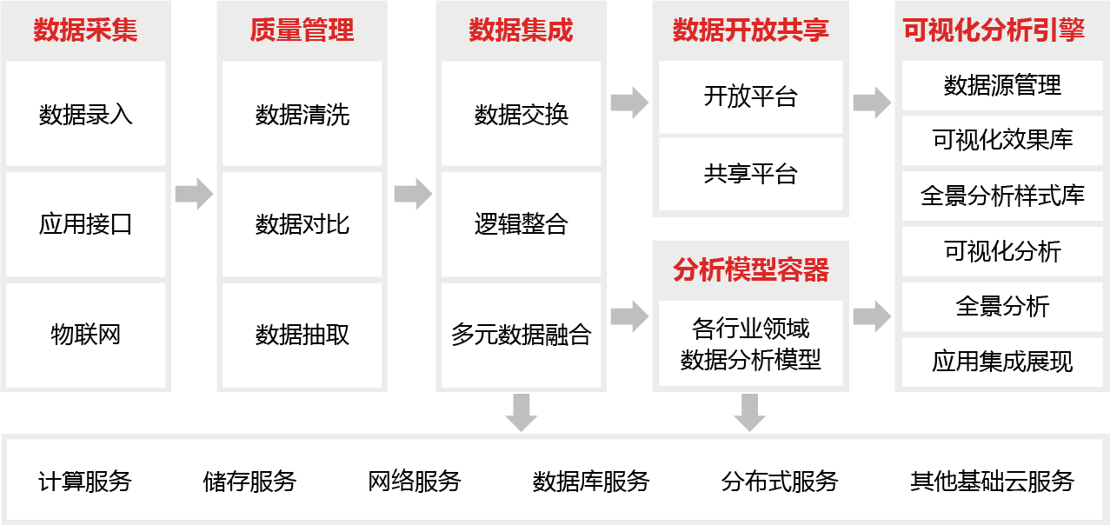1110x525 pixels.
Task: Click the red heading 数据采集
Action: pos(85,30)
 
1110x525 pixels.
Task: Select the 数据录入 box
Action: pos(85,114)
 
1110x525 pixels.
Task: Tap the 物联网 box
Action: pos(85,335)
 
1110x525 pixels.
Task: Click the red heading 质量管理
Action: pos(302,30)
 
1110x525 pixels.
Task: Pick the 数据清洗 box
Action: pos(302,114)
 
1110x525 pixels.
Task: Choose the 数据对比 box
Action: pos(302,224)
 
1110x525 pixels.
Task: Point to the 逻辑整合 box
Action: pos(521,224)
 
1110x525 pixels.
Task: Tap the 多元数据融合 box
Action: pos(521,335)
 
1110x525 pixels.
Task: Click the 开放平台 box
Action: pos(750,96)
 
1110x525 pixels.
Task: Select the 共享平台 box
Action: pos(750,174)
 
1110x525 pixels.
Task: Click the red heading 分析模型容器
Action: pos(750,269)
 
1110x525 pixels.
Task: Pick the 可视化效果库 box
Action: pos(1002,140)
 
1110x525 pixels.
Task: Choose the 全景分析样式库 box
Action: pos(1002,196)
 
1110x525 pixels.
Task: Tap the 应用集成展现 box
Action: pos(1002,362)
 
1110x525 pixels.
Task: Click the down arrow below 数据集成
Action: pos(521,412)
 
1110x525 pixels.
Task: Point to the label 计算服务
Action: pos(85,481)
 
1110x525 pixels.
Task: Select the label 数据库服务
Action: pos(591,481)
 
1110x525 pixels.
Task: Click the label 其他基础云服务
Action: pos(992,481)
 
